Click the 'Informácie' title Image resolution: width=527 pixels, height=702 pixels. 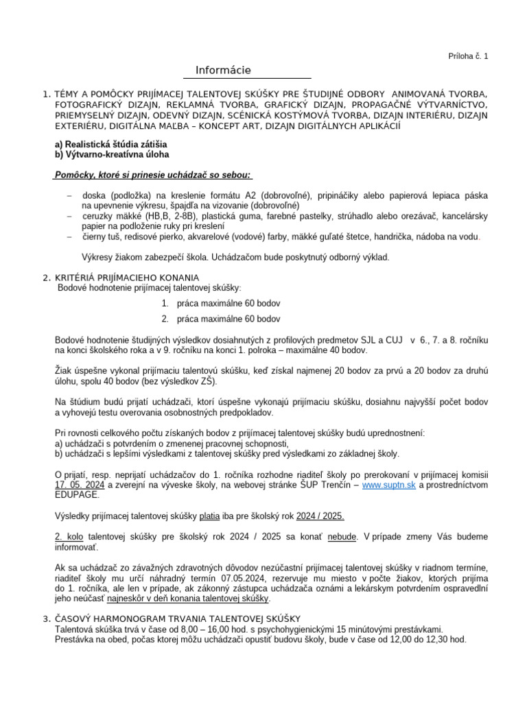coord(223,70)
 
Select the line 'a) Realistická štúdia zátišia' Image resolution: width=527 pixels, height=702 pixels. coord(110,145)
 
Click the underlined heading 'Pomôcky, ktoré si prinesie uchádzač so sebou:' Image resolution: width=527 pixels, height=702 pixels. coord(153,175)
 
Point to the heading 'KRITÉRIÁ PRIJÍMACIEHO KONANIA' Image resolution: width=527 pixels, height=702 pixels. coord(127,277)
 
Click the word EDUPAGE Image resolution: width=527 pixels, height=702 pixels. coord(77,494)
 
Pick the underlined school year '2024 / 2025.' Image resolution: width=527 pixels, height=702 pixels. coord(320,516)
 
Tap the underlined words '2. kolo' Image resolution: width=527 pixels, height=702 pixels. coord(69,537)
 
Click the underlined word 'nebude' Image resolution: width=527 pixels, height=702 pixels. coord(342,537)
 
